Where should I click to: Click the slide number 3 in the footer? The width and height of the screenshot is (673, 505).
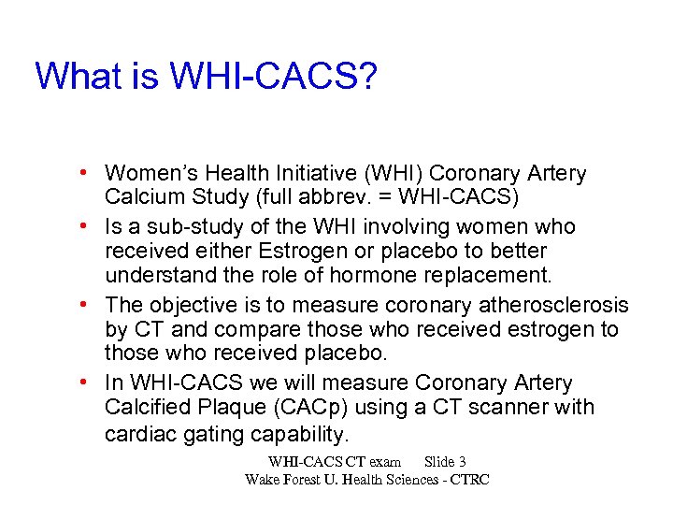pos(463,462)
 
